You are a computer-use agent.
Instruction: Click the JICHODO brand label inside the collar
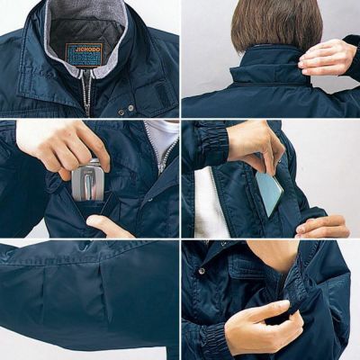[84, 53]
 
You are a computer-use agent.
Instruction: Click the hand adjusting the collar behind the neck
[328, 56]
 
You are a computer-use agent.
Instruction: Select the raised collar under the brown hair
[261, 68]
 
